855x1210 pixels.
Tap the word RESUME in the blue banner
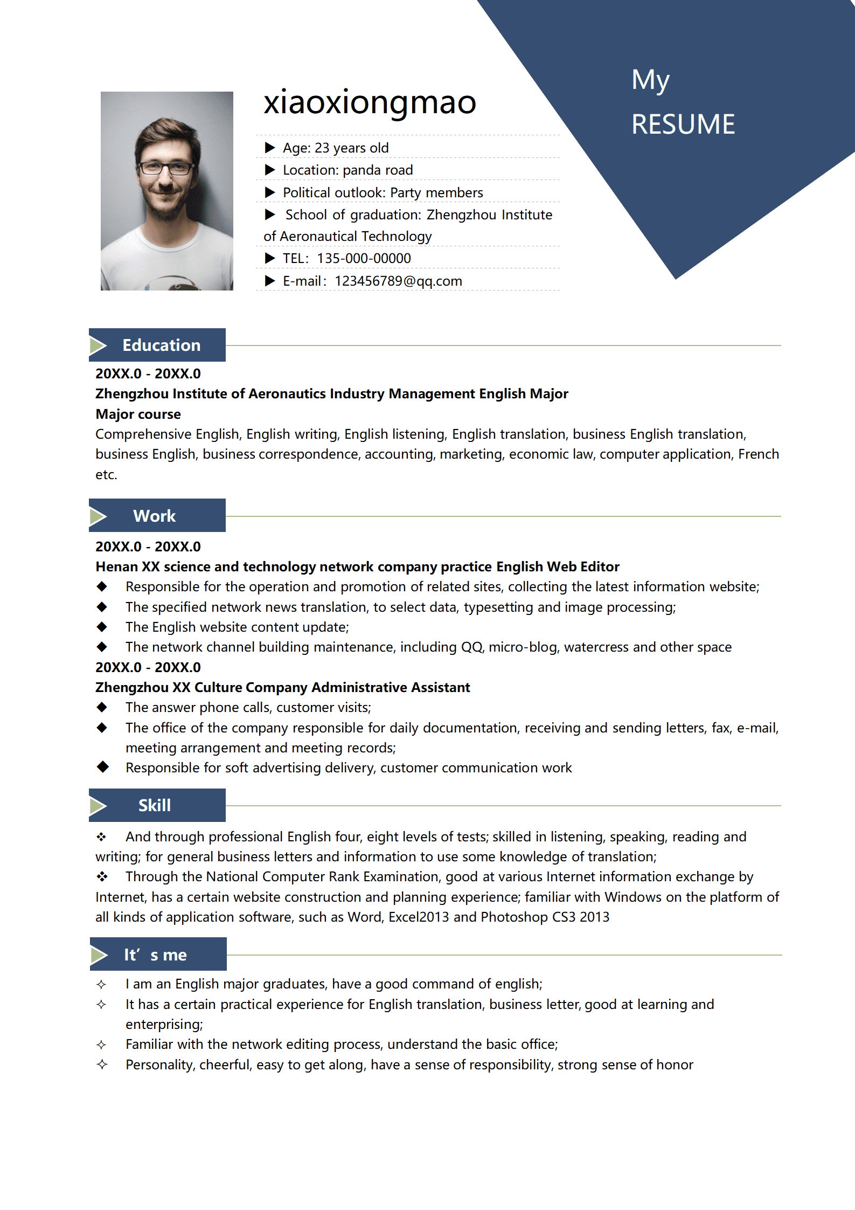[x=683, y=125]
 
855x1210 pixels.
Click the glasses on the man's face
[x=166, y=168]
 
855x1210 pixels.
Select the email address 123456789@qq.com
[x=398, y=281]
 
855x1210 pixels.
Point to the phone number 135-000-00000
[x=364, y=259]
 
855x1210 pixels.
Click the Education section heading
[x=161, y=345]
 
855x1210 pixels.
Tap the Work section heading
[x=155, y=516]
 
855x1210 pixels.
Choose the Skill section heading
[x=155, y=805]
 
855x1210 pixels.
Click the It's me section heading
[x=155, y=955]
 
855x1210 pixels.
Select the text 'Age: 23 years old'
[x=335, y=148]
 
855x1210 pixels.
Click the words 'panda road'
[x=378, y=170]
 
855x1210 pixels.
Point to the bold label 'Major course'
[x=138, y=414]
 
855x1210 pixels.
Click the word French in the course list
[x=758, y=454]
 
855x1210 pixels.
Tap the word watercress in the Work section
[x=596, y=647]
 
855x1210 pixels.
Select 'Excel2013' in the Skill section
[x=418, y=917]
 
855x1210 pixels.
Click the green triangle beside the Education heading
[x=98, y=345]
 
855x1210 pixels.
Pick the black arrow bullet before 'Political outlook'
[x=270, y=192]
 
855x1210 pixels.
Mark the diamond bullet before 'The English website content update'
[x=102, y=627]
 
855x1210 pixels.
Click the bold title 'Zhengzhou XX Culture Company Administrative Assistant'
[x=282, y=687]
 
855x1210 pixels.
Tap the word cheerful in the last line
[x=226, y=1064]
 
